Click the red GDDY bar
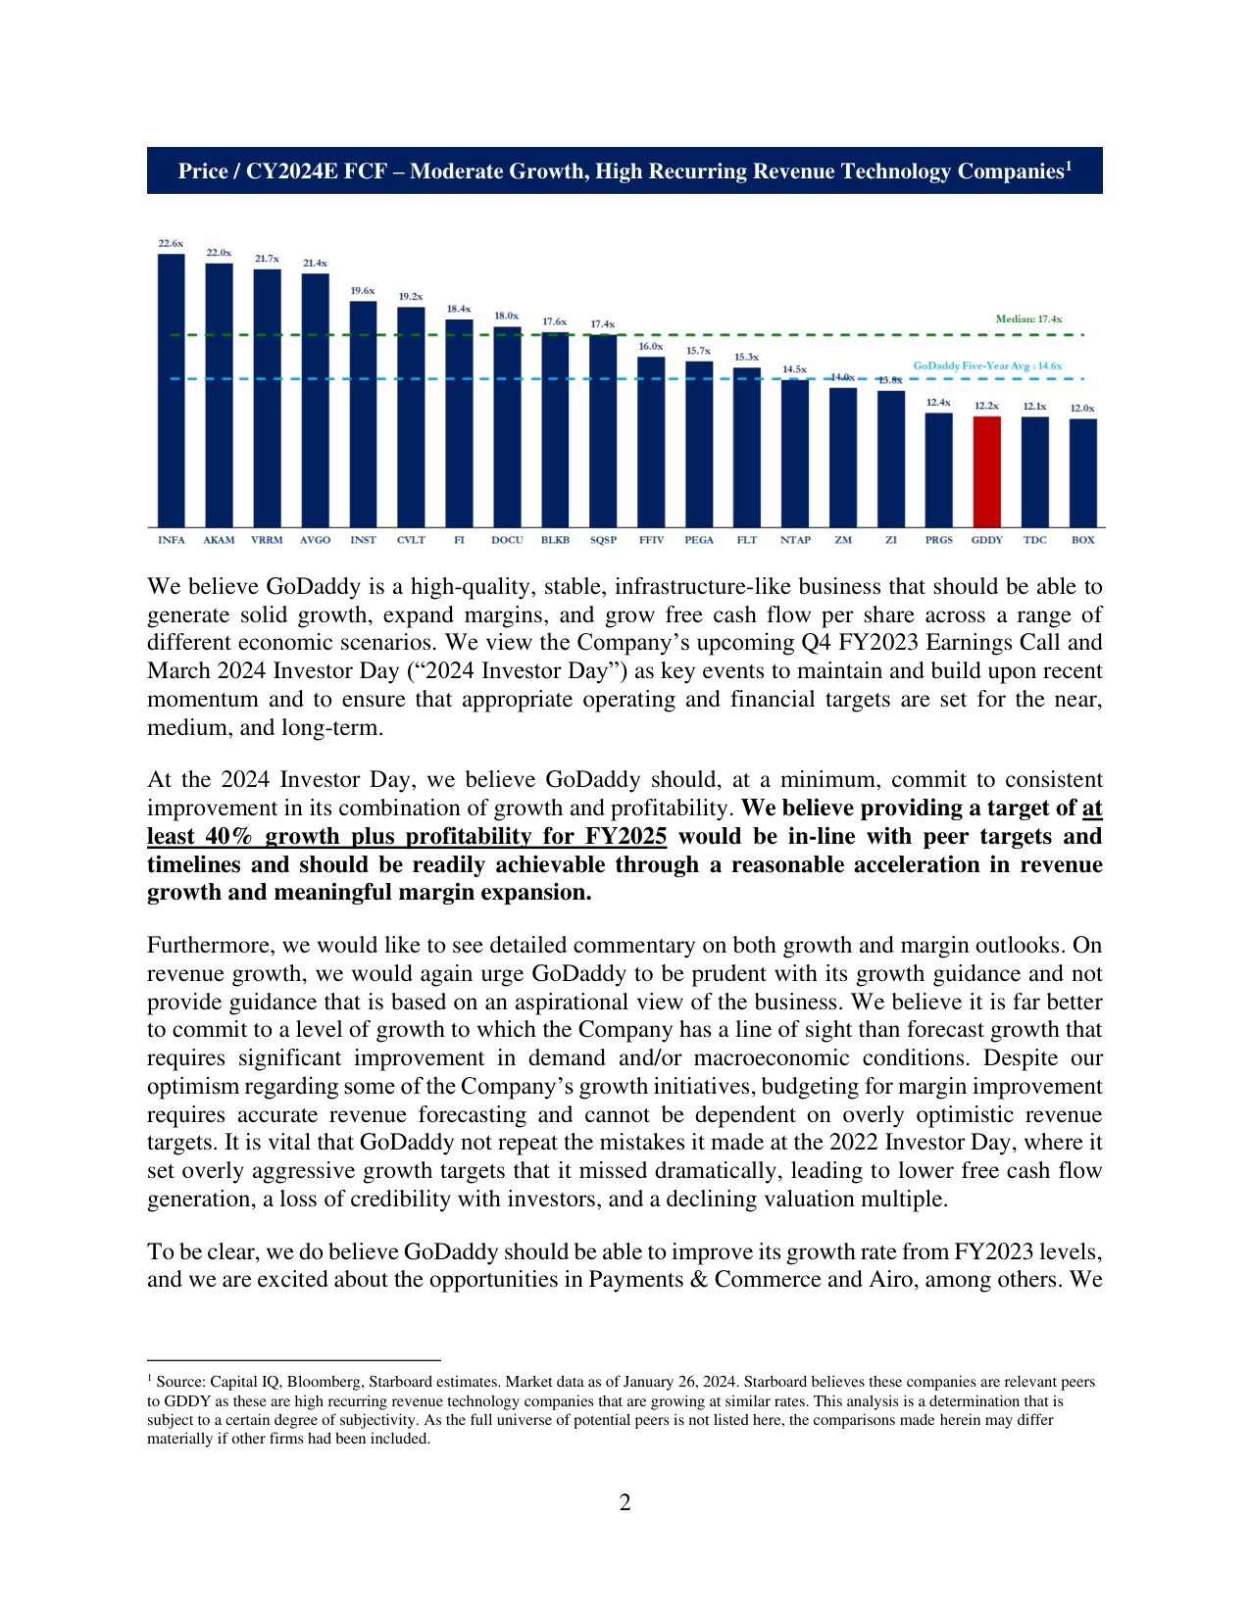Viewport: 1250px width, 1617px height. point(986,471)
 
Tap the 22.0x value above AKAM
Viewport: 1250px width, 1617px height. point(219,253)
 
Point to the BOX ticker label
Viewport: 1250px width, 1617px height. point(1082,540)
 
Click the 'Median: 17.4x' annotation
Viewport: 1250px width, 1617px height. point(1028,319)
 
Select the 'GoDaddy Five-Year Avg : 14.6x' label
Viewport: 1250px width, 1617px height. point(987,366)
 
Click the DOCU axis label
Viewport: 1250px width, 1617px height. point(507,540)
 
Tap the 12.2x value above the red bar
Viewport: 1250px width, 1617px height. point(986,406)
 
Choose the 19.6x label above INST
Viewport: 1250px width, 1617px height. point(363,291)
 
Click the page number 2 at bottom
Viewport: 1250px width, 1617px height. point(625,1502)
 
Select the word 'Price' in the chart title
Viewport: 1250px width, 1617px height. point(203,171)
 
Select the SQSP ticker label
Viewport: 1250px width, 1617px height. point(603,540)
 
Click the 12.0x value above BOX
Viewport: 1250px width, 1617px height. point(1082,409)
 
